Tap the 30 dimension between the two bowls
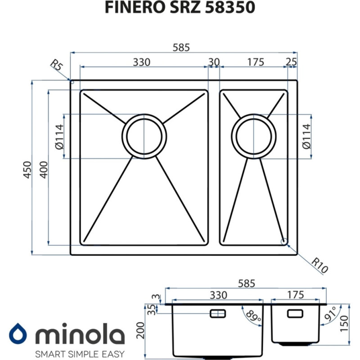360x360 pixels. [x=214, y=62]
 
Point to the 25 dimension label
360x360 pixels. [x=291, y=62]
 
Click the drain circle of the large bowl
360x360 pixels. [x=144, y=135]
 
